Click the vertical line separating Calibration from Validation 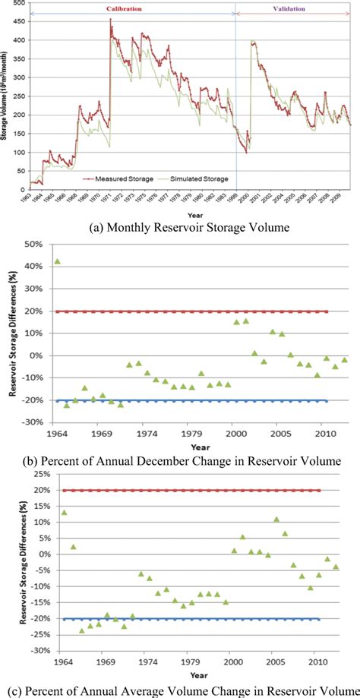coord(236,99)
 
